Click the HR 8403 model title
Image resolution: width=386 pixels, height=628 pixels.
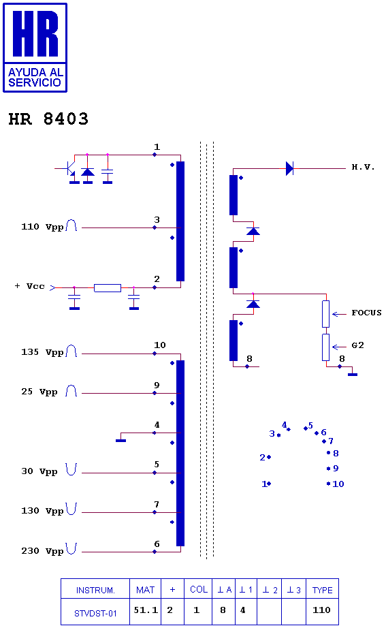coord(48,119)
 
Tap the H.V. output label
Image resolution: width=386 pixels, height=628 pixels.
coord(363,167)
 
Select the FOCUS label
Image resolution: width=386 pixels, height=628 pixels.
coord(366,313)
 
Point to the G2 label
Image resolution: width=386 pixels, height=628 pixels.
coord(357,345)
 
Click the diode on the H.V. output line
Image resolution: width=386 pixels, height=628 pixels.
coord(289,168)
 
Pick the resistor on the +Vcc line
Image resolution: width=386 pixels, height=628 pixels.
coord(108,287)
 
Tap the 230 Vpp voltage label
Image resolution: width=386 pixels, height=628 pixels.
coord(42,551)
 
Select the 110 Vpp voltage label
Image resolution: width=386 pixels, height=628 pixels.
coord(42,227)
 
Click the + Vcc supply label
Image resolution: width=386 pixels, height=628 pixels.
coord(30,286)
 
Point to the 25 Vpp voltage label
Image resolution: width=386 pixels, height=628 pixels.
coord(39,392)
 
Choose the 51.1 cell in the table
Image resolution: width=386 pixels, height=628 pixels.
coord(146,610)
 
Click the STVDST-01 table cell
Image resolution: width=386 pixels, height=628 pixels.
coord(95,613)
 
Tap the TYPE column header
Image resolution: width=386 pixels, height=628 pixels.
coord(322,590)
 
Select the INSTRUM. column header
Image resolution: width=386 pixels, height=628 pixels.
coord(95,591)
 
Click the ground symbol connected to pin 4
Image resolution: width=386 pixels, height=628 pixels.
coord(120,441)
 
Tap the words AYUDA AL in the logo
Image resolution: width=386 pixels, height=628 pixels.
coord(35,72)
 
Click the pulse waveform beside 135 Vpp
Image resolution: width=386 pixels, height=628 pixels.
coord(71,351)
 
